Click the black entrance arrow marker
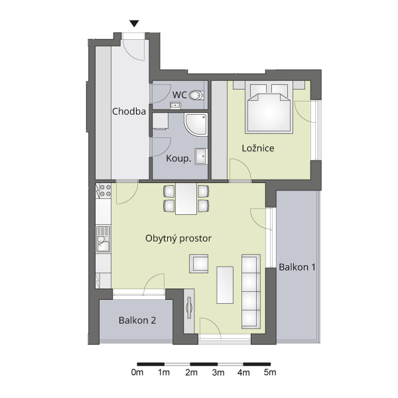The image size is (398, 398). click(134, 24)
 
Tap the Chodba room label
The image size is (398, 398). click(129, 111)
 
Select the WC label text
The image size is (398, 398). click(180, 95)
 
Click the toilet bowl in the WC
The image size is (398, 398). click(196, 96)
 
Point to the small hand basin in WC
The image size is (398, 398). click(175, 105)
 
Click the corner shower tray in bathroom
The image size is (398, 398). click(196, 125)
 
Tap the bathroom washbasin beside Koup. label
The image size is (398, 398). click(201, 157)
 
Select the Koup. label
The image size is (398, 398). click(178, 159)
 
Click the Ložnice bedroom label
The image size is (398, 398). click(258, 148)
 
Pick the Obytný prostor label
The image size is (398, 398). click(178, 238)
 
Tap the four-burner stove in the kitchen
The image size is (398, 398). click(103, 190)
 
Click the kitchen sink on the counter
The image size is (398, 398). click(103, 239)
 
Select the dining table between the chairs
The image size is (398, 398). click(186, 199)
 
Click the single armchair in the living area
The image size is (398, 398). click(199, 264)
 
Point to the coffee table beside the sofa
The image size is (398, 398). click(225, 285)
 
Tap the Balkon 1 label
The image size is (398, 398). click(297, 267)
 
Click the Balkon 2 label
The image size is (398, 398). click(137, 320)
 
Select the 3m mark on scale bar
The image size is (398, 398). click(218, 373)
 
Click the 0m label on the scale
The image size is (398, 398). click(137, 372)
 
